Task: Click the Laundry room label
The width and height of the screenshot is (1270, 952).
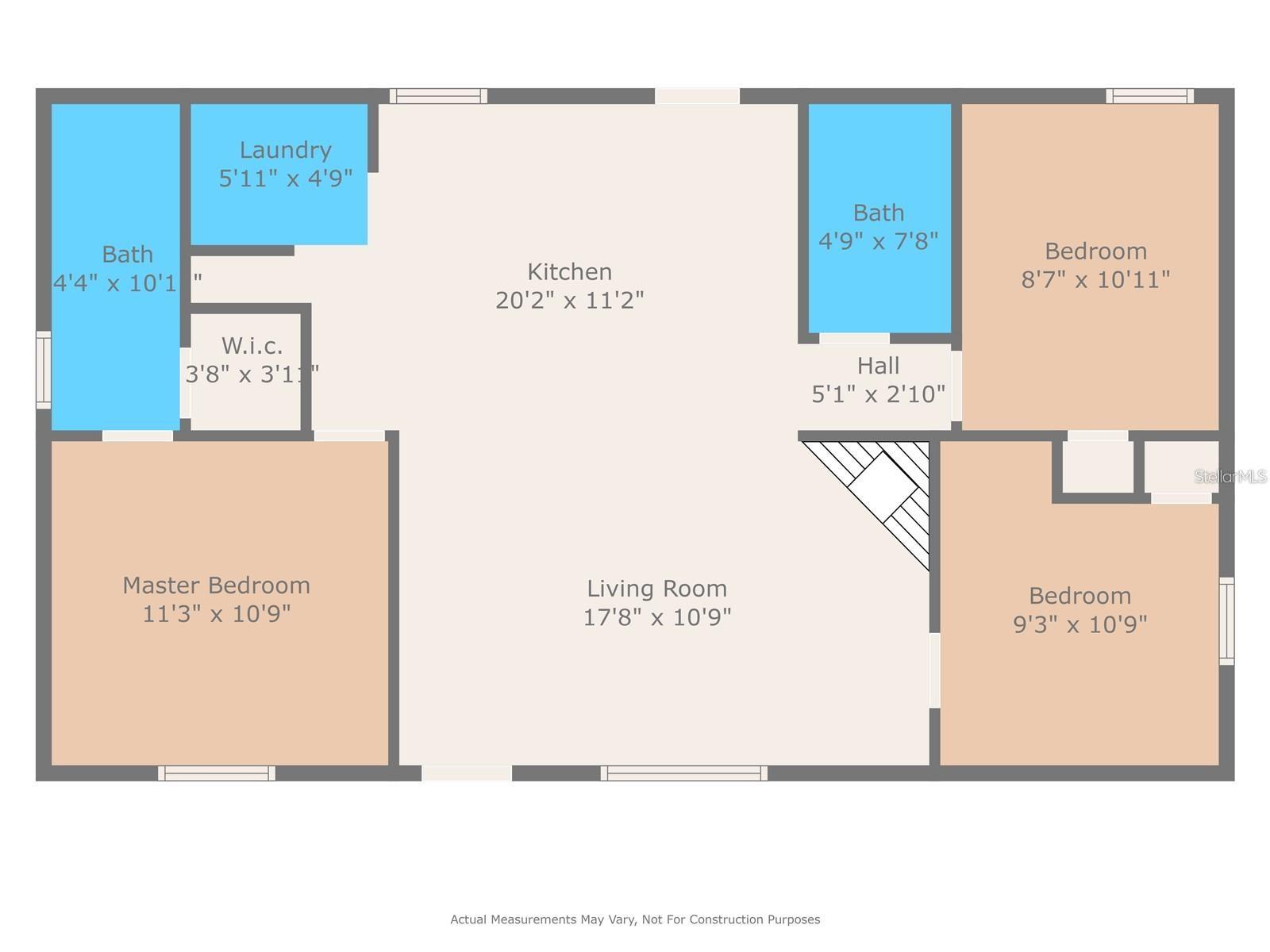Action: pos(285,150)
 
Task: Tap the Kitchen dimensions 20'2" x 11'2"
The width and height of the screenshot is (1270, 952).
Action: pos(569,301)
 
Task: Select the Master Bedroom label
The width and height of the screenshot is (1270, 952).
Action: pos(216,585)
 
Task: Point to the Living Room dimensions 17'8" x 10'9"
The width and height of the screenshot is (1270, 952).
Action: pos(656,617)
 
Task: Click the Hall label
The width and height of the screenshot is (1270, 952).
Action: pos(878,366)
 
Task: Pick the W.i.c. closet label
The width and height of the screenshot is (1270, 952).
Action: pos(252,346)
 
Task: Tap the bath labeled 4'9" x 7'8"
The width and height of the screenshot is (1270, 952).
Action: pos(878,226)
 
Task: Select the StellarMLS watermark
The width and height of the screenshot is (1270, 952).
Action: pos(1230,476)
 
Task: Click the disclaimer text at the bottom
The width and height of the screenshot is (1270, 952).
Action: pos(635,919)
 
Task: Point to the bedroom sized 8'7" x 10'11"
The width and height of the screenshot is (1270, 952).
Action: pos(1095,265)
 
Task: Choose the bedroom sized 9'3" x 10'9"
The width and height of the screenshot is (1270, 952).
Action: pos(1079,609)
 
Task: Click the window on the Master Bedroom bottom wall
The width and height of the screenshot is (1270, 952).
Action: pos(217,773)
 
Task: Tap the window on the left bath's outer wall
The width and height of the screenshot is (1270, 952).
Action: pos(44,370)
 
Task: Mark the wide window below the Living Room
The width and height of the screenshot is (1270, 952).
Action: pos(683,773)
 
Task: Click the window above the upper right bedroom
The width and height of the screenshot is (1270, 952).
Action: pos(1149,96)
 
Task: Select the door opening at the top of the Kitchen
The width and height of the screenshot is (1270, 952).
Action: pos(697,96)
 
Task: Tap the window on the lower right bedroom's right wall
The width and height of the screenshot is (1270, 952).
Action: pos(1226,621)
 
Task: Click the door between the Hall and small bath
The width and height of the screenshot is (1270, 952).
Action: pos(853,339)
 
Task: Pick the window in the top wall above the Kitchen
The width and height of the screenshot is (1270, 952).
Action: pos(438,96)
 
